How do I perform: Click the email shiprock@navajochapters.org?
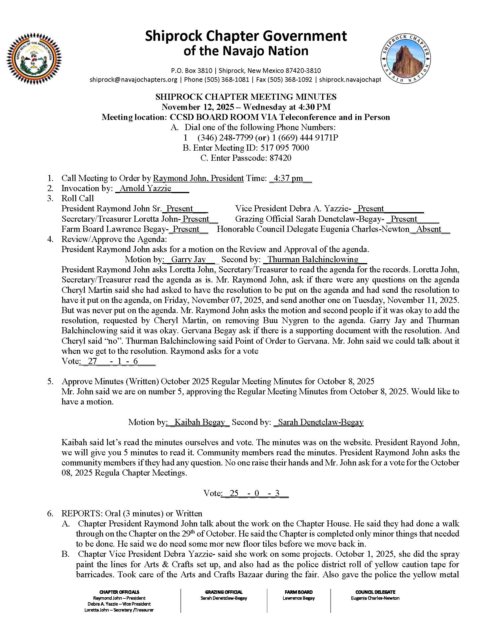point(133,79)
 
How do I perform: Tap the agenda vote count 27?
point(92,361)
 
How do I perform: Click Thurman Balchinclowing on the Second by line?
point(313,259)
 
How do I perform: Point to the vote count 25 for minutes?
point(234,493)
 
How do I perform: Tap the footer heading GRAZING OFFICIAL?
point(223,592)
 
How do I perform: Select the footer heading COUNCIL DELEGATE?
point(375,592)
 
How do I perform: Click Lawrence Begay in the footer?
point(298,598)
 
